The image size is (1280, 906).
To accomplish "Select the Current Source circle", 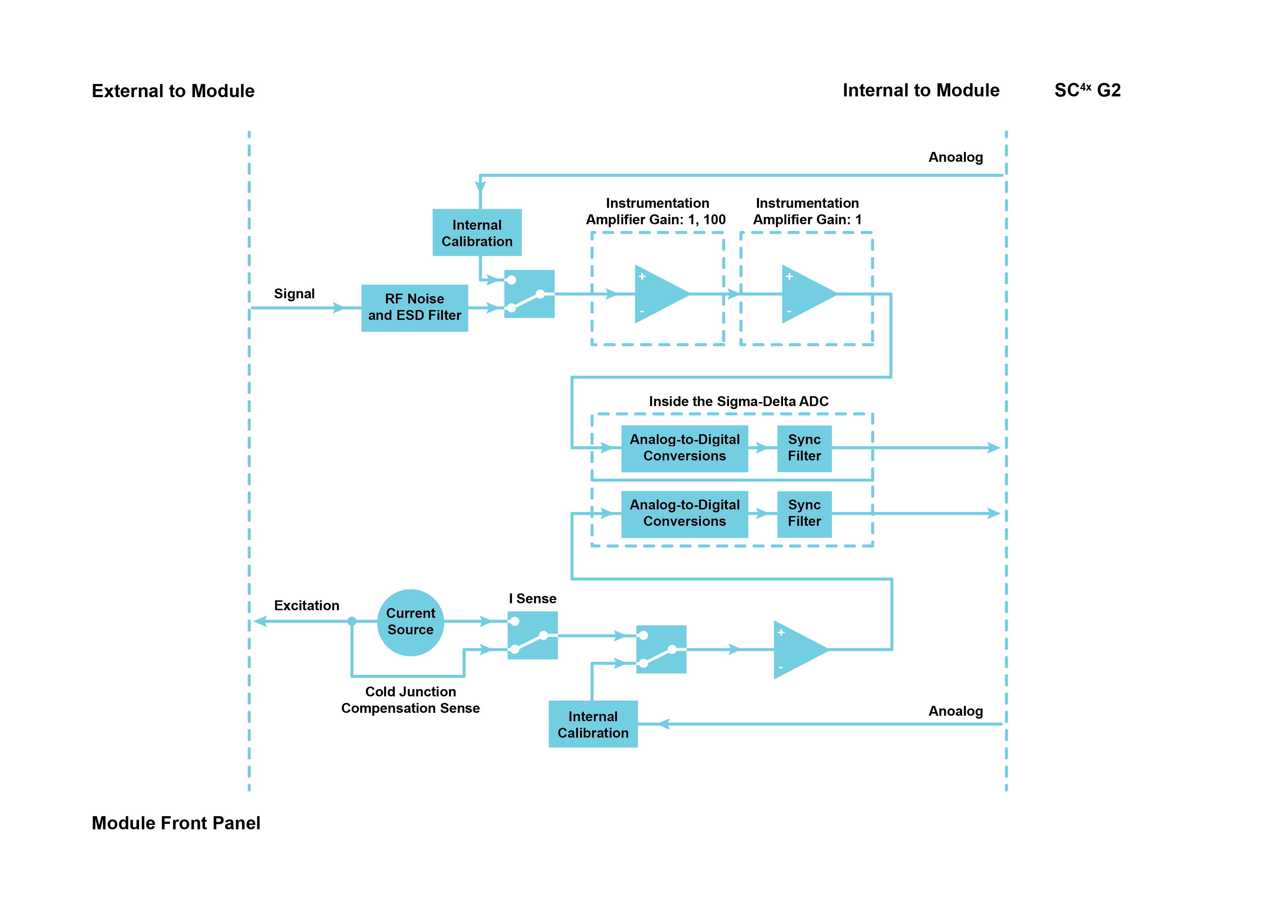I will (x=410, y=622).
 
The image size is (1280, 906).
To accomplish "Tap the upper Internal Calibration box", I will (x=477, y=233).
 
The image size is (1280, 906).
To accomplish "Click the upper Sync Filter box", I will (x=804, y=448).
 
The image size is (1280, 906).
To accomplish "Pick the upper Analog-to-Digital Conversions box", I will (x=684, y=448).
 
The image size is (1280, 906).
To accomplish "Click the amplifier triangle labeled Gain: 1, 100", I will (x=658, y=294).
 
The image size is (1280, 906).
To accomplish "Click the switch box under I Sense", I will (x=532, y=635).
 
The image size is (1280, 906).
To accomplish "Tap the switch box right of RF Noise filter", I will (x=529, y=294).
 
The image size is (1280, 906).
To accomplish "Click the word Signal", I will (x=294, y=294).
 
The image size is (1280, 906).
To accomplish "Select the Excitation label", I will (x=306, y=605).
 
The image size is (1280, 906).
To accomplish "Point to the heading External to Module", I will (x=173, y=91).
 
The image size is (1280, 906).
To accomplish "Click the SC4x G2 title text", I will (x=1087, y=90).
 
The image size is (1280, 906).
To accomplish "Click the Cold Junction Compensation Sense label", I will (x=410, y=700).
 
